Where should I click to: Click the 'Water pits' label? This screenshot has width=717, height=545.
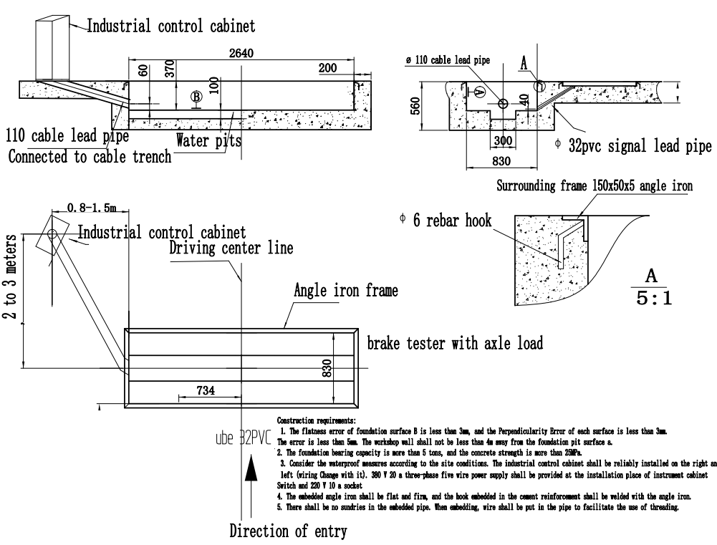(x=209, y=140)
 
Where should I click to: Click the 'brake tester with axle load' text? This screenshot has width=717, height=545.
(x=455, y=344)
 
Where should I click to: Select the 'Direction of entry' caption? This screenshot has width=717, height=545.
(x=288, y=531)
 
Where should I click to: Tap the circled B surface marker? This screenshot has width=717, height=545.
(x=196, y=97)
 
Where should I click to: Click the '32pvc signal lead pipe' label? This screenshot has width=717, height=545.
(x=633, y=147)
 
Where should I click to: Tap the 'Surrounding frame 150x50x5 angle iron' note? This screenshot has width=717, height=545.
(x=594, y=187)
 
